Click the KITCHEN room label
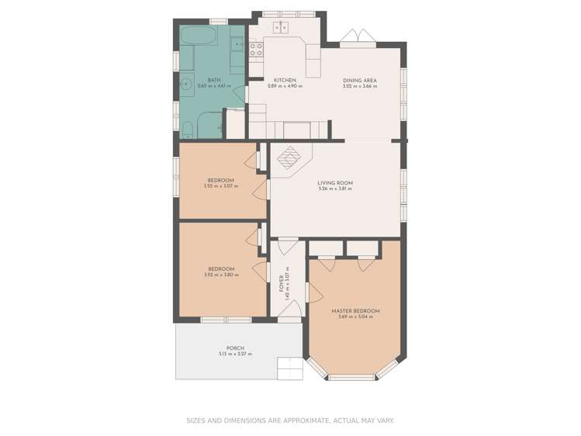pos(285,80)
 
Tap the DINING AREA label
pos(359,80)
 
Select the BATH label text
pos(203,80)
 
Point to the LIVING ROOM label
pos(335,183)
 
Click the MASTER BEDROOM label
pos(355,311)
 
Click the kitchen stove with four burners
pos(257,50)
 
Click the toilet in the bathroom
pos(188,127)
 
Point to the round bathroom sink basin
pos(187,84)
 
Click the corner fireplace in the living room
pos(289,158)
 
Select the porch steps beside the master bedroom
pos(289,368)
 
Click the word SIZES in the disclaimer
pos(195,420)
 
